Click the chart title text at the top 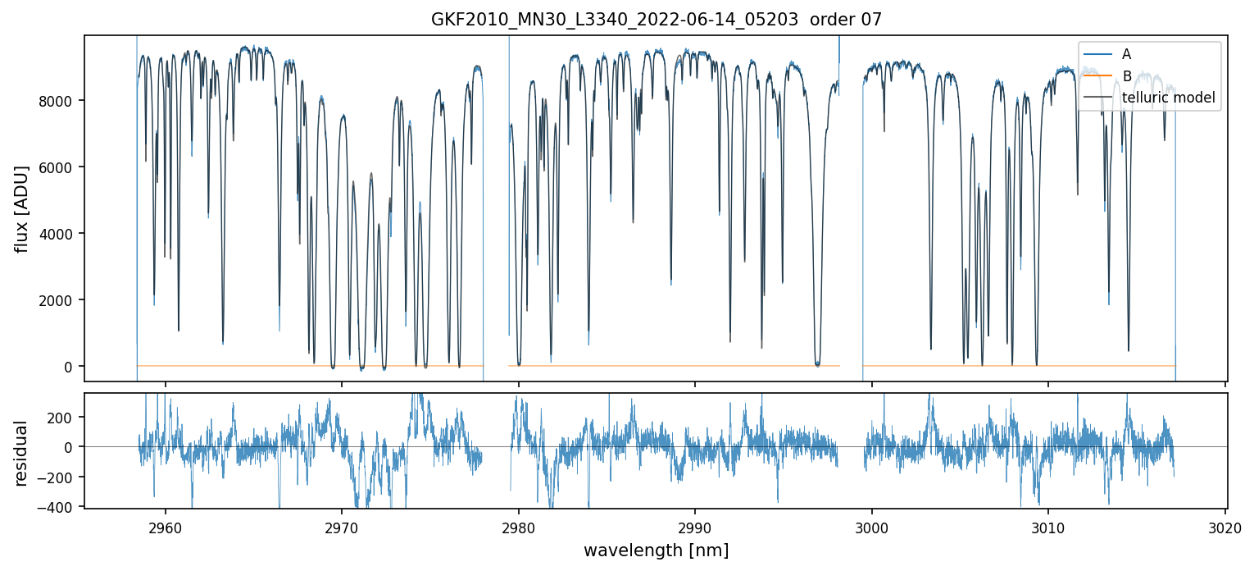coord(656,20)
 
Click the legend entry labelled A coord(1126,54)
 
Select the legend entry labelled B coord(1126,76)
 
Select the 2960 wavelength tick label coord(166,527)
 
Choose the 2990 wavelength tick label coord(695,527)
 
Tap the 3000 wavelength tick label coord(872,527)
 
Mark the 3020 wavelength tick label coord(1225,527)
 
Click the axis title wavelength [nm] coord(656,550)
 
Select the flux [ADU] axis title coord(22,208)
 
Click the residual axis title coord(22,453)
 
